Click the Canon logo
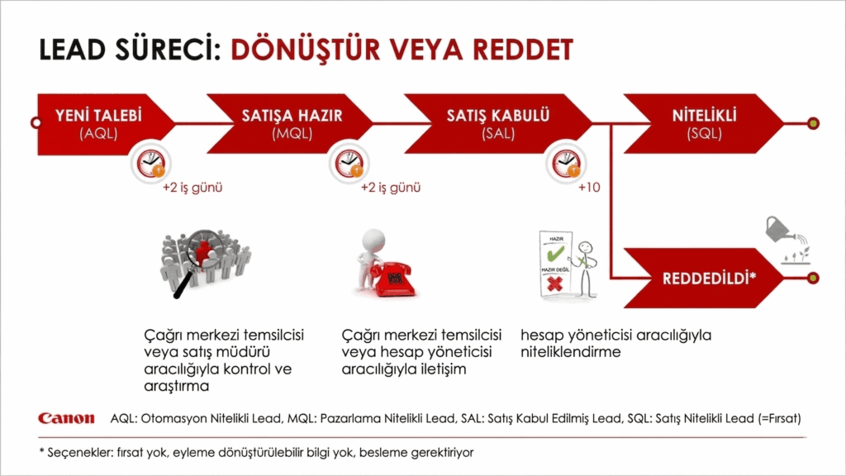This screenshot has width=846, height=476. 66,418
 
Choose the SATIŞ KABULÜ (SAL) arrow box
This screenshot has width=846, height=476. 497,124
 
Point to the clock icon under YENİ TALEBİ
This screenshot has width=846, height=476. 150,163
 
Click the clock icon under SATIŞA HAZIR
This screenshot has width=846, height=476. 349,163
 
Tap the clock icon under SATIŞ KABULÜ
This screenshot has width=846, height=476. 566,163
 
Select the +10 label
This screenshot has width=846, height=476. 589,188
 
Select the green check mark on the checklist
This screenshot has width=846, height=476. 556,253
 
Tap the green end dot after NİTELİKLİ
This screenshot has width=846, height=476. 813,124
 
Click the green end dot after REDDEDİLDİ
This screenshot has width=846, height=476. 813,278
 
